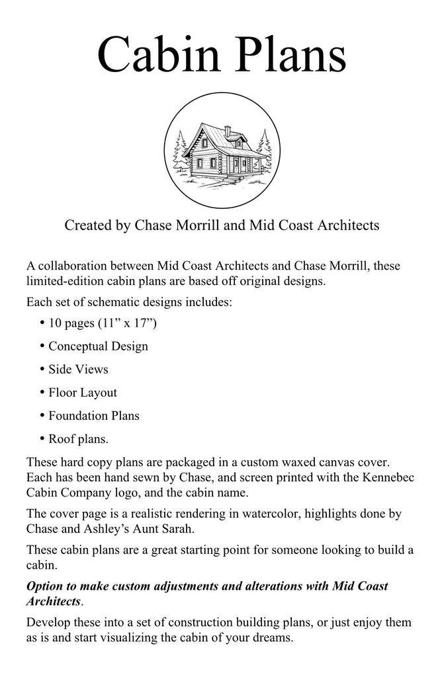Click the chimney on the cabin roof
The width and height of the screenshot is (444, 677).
tap(227, 131)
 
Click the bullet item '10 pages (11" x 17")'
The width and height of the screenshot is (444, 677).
tap(102, 323)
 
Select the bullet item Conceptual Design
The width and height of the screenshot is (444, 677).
tap(98, 346)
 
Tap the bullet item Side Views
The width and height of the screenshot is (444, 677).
tap(78, 369)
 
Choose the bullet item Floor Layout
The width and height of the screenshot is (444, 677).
tap(83, 392)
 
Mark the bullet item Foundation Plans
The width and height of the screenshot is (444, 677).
tap(93, 415)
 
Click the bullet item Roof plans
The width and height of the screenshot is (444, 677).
tap(79, 438)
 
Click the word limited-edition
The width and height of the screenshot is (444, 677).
tap(68, 281)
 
